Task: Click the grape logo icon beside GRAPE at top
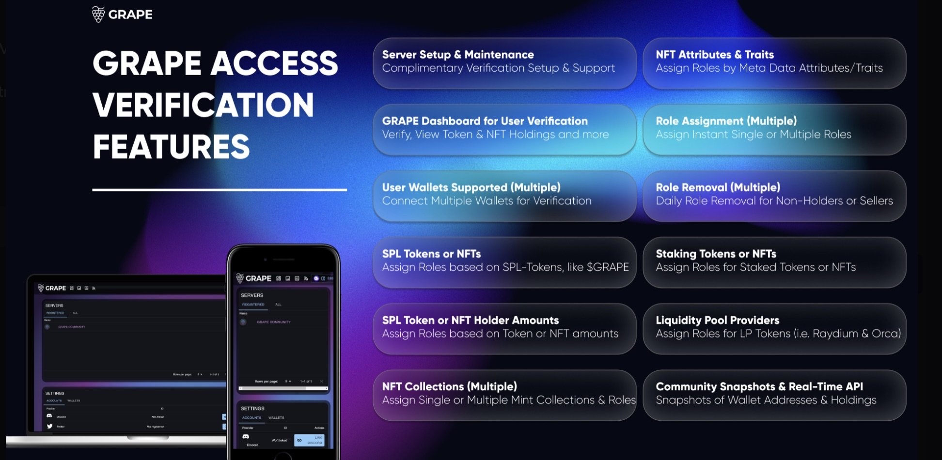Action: pyautogui.click(x=98, y=15)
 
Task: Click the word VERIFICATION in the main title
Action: pyautogui.click(x=203, y=105)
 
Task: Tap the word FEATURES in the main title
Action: pyautogui.click(x=171, y=147)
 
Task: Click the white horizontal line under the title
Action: pyautogui.click(x=219, y=190)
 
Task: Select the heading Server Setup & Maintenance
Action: pyautogui.click(x=457, y=55)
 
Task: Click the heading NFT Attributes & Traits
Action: pyautogui.click(x=714, y=55)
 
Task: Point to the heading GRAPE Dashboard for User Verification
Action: pyautogui.click(x=485, y=121)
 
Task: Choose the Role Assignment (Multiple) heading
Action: pyautogui.click(x=726, y=121)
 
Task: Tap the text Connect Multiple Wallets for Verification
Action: pyautogui.click(x=487, y=201)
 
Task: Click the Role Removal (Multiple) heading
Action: pyautogui.click(x=718, y=187)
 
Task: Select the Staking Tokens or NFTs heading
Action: pyautogui.click(x=716, y=254)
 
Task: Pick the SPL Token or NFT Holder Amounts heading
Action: pyautogui.click(x=470, y=320)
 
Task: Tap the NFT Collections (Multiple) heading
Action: pyautogui.click(x=449, y=386)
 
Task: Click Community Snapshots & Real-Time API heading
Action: pyautogui.click(x=759, y=386)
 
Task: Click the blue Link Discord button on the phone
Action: pyautogui.click(x=309, y=440)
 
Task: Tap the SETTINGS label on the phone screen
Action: pyautogui.click(x=252, y=409)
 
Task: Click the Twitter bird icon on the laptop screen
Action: pyautogui.click(x=49, y=426)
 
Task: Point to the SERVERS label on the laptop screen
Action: pyautogui.click(x=54, y=306)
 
